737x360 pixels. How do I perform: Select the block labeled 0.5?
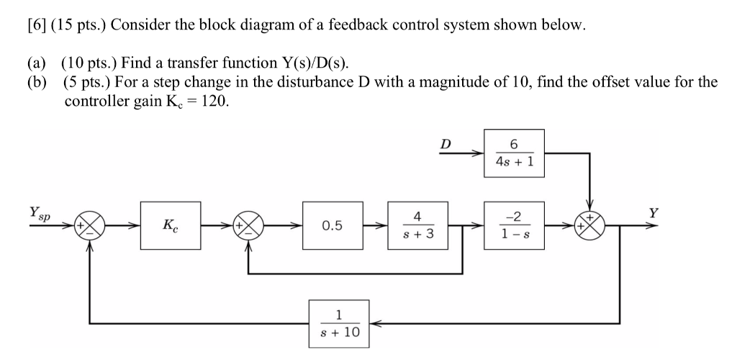(x=332, y=225)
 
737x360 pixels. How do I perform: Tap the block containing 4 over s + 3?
(x=417, y=225)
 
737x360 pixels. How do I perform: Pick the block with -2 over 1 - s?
(x=515, y=225)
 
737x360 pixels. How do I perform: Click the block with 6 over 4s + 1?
(x=514, y=153)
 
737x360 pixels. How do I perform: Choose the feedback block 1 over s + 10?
(x=338, y=323)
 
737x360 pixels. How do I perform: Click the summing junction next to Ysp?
(x=90, y=225)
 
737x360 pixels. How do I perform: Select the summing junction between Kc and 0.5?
(x=249, y=225)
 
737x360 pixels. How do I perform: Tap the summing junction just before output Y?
(x=592, y=225)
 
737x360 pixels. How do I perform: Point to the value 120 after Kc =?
(x=217, y=101)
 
